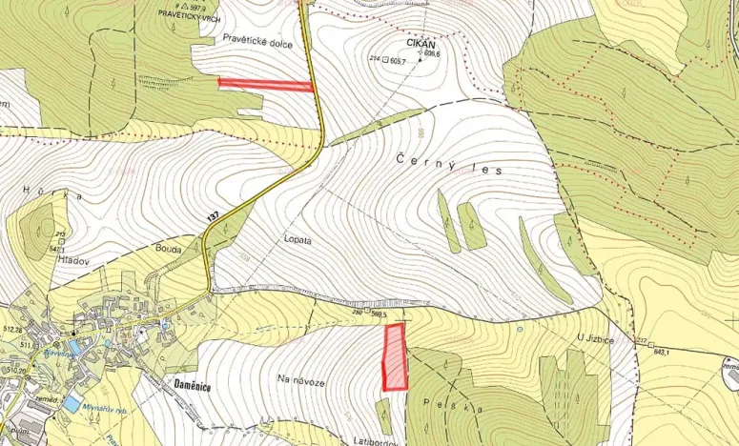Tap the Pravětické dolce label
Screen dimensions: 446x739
coord(257,42)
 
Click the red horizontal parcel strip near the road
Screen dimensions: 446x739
coord(266,84)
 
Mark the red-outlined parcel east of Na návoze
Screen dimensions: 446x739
coord(394,357)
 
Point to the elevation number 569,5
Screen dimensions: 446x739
coord(378,312)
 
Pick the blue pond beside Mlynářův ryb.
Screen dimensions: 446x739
coord(72,404)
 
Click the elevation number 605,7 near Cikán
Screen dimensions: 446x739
coord(397,61)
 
